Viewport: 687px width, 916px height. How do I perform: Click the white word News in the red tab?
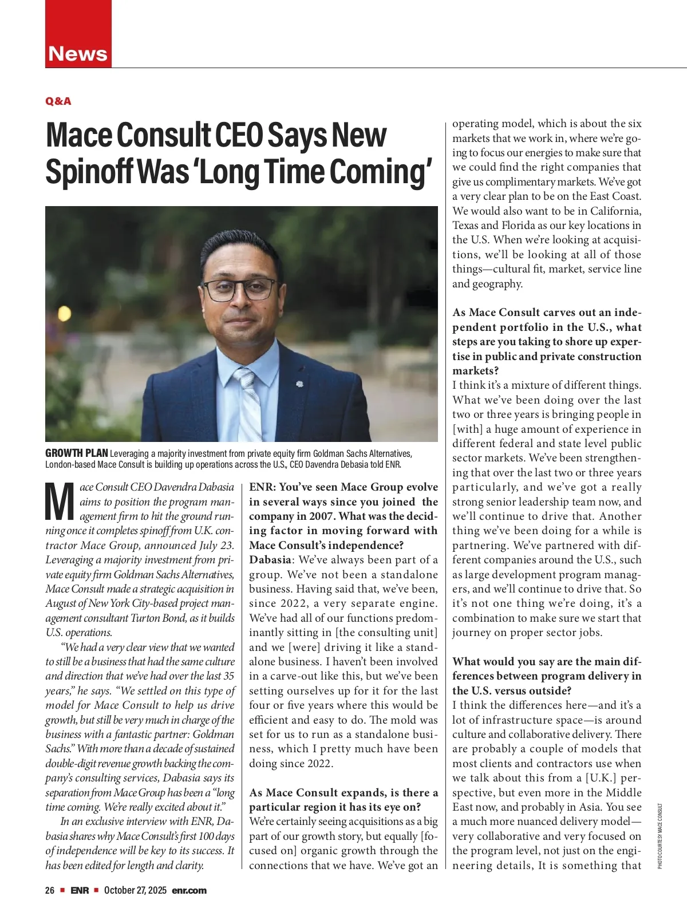click(x=78, y=54)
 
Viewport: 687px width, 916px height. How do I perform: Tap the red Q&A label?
click(x=58, y=101)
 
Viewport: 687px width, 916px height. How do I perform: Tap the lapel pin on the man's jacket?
click(x=298, y=382)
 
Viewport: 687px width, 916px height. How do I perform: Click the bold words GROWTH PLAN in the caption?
click(x=76, y=453)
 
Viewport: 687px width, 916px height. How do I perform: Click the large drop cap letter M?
click(x=60, y=502)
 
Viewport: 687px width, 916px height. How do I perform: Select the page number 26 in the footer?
click(x=50, y=890)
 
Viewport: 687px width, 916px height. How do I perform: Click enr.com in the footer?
click(x=189, y=890)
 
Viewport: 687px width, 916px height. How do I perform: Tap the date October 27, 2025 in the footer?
click(x=135, y=890)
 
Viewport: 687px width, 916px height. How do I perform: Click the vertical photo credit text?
click(x=660, y=836)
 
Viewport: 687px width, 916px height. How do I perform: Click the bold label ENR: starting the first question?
click(x=262, y=487)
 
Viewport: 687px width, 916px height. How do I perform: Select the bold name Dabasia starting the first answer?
click(x=270, y=560)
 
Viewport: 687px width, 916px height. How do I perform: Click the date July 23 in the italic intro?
click(x=218, y=546)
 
